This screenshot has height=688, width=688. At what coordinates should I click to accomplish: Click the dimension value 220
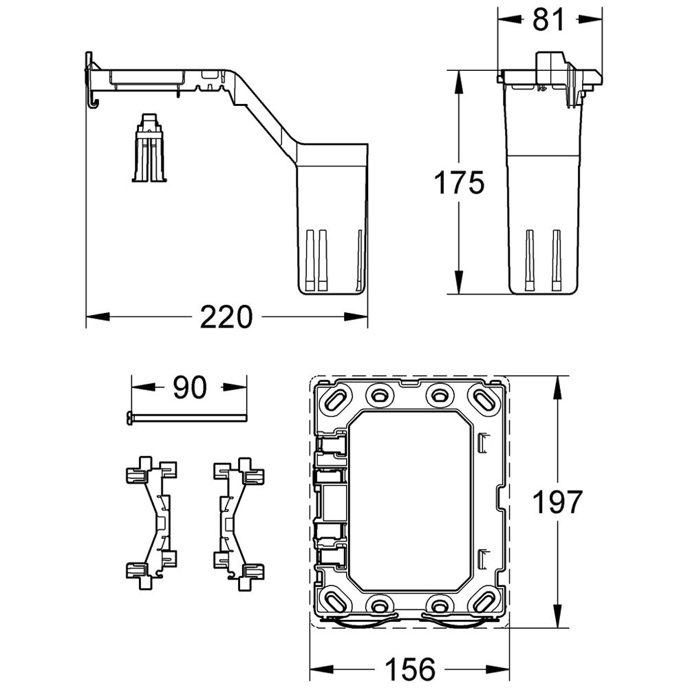[226, 316]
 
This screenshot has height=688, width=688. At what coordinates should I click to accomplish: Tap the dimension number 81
[548, 19]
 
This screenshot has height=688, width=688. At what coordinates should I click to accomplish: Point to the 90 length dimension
[189, 387]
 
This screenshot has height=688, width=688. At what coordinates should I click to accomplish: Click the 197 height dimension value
[557, 502]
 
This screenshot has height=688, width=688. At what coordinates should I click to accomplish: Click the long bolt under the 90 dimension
[186, 418]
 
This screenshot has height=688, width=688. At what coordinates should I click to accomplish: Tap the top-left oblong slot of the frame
[337, 398]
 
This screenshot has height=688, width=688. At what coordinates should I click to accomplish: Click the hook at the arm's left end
[93, 101]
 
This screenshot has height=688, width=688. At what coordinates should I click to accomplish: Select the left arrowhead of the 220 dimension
[98, 316]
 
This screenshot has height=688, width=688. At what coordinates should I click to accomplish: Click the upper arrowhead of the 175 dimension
[459, 82]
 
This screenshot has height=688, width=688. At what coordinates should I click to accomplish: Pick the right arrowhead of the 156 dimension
[497, 669]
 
